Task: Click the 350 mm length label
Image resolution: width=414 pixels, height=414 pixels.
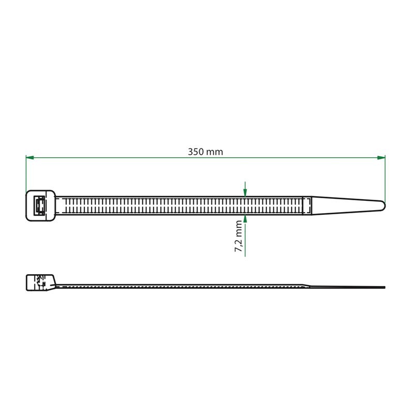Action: pyautogui.click(x=205, y=152)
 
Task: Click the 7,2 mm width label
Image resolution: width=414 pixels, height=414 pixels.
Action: pyautogui.click(x=239, y=236)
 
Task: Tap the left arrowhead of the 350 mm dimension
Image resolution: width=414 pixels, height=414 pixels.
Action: pyautogui.click(x=30, y=158)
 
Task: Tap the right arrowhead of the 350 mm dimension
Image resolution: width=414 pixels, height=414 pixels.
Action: pyautogui.click(x=381, y=158)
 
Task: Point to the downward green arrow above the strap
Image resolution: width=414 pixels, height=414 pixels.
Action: pyautogui.click(x=245, y=189)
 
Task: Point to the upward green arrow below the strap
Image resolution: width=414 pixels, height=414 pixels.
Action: pyautogui.click(x=245, y=235)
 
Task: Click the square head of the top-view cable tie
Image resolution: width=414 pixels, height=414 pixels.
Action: pyautogui.click(x=41, y=205)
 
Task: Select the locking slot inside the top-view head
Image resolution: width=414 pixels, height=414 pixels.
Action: pyautogui.click(x=40, y=205)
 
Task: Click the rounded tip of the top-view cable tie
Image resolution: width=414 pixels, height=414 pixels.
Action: pyautogui.click(x=382, y=205)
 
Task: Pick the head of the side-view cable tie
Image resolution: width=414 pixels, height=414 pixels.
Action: pyautogui.click(x=41, y=283)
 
